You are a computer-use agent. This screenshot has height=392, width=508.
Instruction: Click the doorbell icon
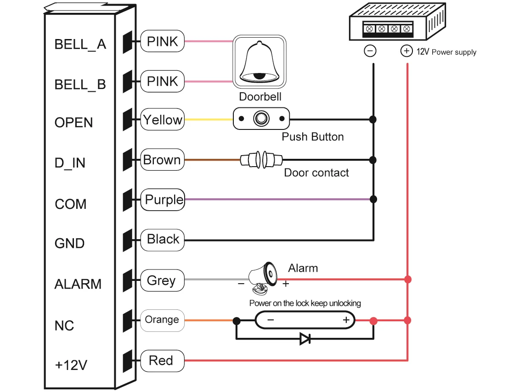(260, 62)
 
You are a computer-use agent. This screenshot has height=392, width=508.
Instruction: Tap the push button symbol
(261, 119)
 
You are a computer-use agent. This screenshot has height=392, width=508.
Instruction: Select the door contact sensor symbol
(261, 160)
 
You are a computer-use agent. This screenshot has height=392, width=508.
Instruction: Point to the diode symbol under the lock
(305, 339)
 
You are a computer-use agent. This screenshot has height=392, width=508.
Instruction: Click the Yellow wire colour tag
(163, 120)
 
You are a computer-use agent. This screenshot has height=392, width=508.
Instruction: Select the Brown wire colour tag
(162, 160)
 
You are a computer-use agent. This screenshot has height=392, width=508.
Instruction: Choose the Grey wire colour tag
(162, 280)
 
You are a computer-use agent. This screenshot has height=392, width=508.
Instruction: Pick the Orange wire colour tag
(162, 319)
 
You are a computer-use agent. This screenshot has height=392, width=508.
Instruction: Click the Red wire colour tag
(162, 360)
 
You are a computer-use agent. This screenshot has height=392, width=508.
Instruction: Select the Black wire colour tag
(162, 240)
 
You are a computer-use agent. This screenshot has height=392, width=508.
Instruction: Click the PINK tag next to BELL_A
(162, 41)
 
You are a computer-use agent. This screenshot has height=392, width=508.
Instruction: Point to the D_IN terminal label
(70, 163)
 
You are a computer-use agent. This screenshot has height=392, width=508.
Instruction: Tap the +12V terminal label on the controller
(71, 365)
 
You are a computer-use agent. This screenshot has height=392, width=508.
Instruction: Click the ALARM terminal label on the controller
(78, 284)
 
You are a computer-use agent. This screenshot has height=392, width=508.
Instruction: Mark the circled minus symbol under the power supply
(370, 50)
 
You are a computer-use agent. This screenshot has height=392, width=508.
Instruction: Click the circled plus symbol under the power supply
(406, 50)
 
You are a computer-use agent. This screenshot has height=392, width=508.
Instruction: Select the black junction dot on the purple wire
(373, 200)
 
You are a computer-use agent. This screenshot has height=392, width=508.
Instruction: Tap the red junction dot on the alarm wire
(407, 279)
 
